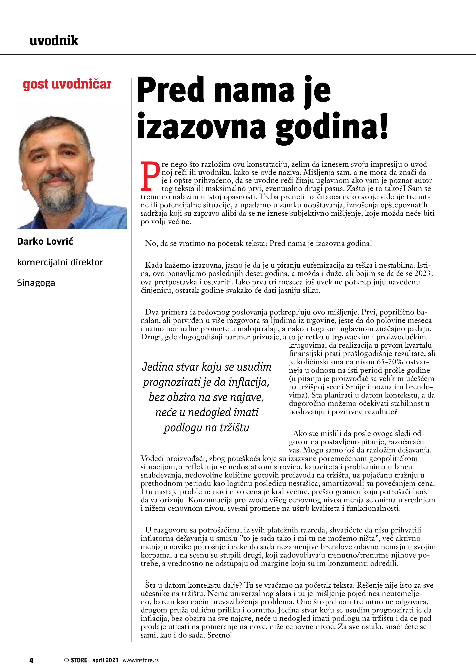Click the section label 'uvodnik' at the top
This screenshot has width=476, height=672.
point(54,41)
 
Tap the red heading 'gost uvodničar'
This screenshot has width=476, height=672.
point(67,84)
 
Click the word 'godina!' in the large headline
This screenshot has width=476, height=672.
point(332,127)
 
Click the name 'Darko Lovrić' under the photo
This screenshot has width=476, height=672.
point(45,241)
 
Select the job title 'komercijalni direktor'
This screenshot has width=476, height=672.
point(60,262)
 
